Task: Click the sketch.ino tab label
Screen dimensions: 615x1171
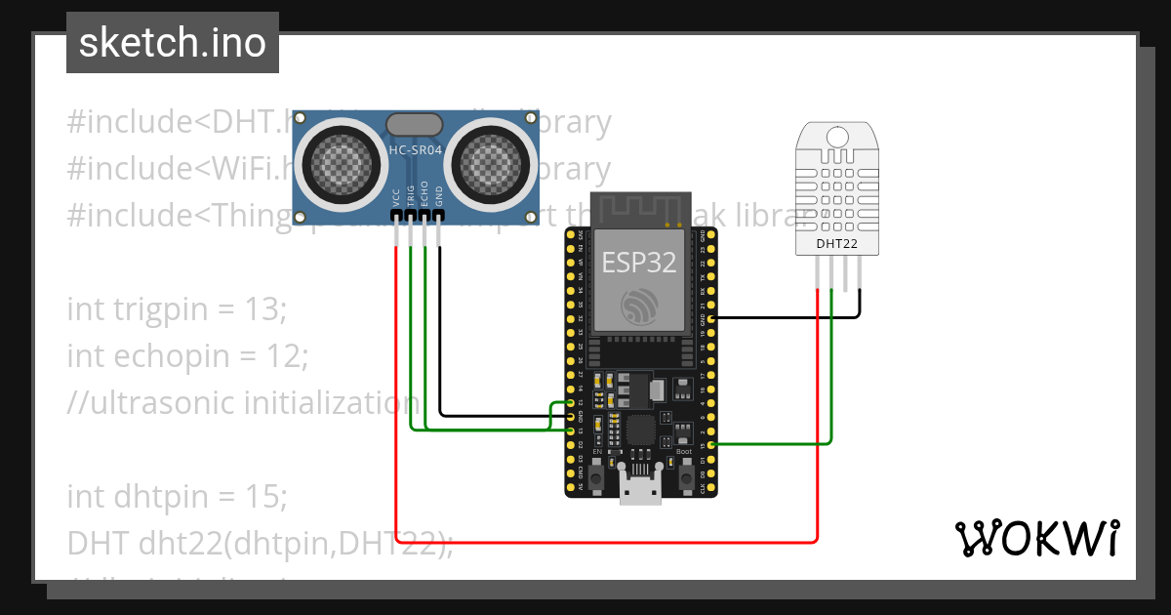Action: [172, 43]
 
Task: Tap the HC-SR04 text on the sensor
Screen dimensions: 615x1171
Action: [416, 151]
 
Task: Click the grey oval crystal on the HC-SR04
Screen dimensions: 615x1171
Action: [416, 124]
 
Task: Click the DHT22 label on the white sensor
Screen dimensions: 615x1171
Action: [836, 243]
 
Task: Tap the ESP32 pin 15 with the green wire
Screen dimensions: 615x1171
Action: [712, 445]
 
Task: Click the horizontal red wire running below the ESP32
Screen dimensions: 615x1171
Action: [605, 541]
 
